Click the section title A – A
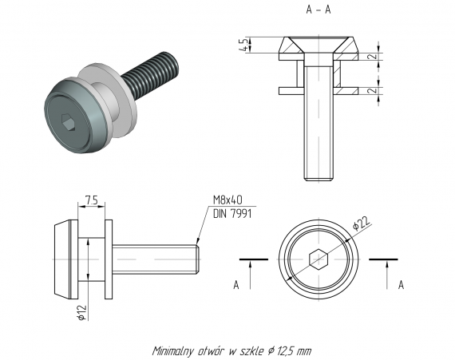[318, 10]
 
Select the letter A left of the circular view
[235, 284]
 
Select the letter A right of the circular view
[400, 284]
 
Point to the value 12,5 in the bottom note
[286, 350]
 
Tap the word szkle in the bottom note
[251, 350]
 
